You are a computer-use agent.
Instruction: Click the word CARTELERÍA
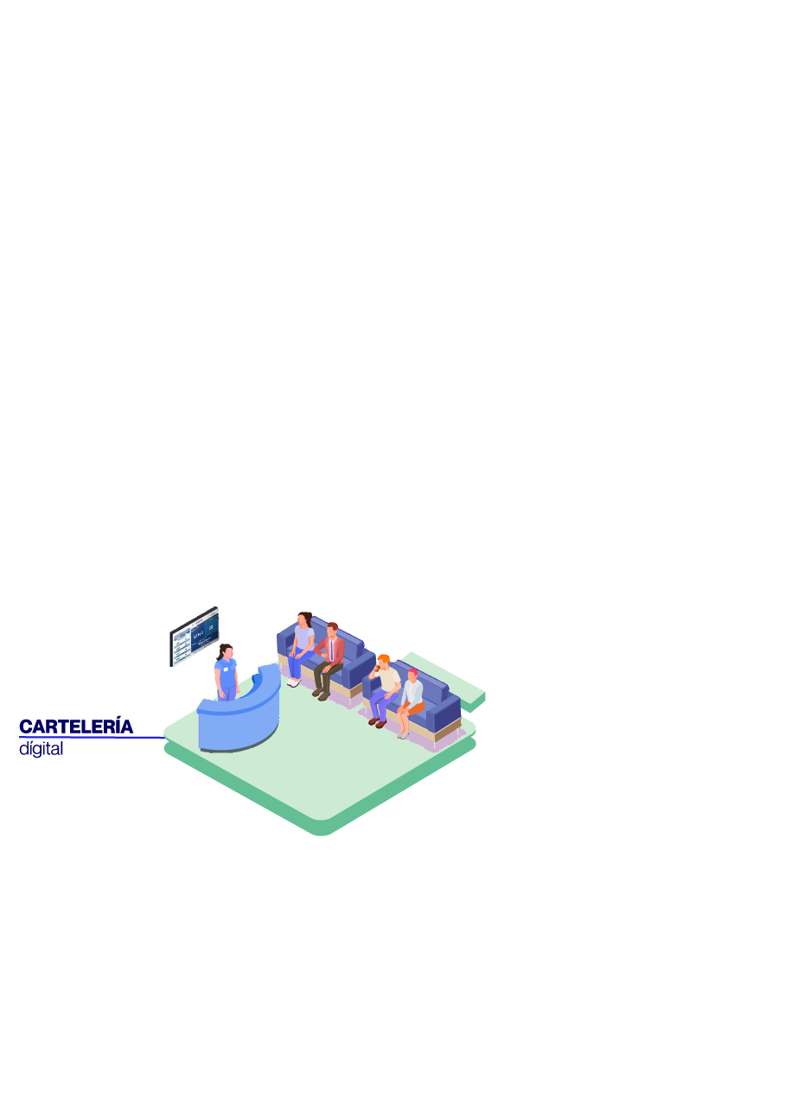(x=76, y=726)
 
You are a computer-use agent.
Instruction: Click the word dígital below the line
(x=41, y=749)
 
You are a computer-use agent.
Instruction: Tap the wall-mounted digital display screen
(x=195, y=636)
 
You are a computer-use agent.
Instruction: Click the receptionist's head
(x=226, y=651)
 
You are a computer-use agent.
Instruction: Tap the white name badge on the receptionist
(x=227, y=669)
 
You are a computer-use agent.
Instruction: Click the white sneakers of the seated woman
(x=293, y=682)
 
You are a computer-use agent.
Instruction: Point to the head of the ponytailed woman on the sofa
(x=303, y=619)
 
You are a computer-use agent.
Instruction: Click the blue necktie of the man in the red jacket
(x=331, y=650)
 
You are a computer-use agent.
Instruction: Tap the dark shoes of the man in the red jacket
(x=320, y=695)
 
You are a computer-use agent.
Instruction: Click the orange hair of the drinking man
(x=384, y=658)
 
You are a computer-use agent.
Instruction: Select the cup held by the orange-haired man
(x=378, y=668)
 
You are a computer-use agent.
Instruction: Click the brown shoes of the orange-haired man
(x=377, y=722)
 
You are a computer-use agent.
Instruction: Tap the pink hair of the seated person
(x=412, y=672)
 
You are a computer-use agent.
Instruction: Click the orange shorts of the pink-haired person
(x=415, y=708)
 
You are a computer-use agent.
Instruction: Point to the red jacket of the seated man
(x=332, y=649)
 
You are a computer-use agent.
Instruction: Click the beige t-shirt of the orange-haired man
(x=389, y=680)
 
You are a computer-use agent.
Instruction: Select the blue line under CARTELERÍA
(x=92, y=738)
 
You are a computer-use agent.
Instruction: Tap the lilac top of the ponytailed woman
(x=303, y=638)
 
